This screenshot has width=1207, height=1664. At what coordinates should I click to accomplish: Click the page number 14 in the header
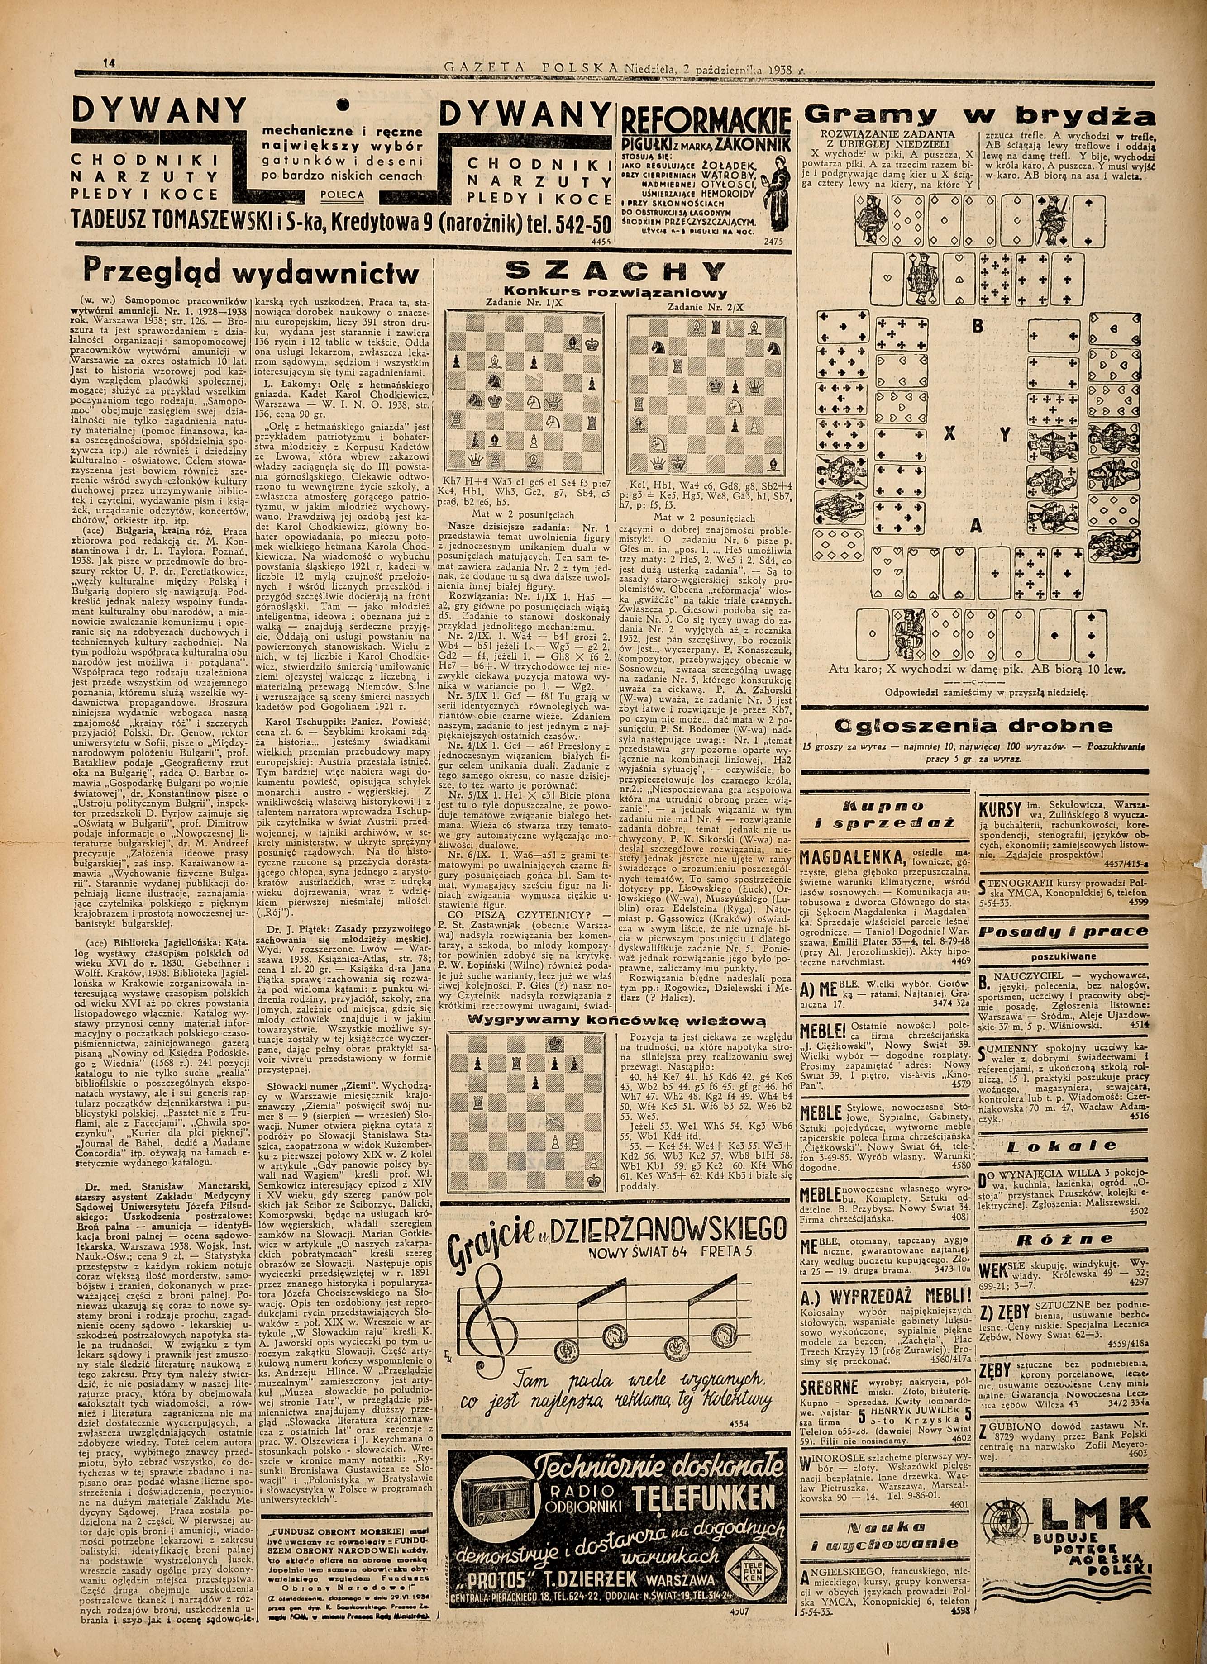[x=110, y=64]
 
